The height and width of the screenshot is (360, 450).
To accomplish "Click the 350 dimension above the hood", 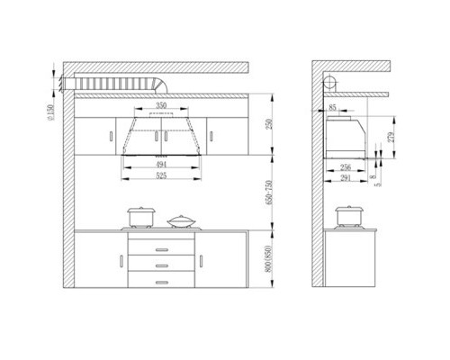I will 161,106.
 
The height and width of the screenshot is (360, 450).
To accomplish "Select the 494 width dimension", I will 162,166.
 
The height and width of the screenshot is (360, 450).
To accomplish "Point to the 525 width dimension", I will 162,176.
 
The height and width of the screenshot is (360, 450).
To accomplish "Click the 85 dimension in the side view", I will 333,108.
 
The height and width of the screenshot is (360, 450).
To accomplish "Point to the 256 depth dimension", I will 346,167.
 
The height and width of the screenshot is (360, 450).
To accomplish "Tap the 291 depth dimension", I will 346,177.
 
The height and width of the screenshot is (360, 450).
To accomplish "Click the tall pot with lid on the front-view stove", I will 140,217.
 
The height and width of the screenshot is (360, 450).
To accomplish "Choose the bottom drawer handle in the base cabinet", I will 162,283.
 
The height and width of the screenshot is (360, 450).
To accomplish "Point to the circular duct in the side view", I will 331,83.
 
